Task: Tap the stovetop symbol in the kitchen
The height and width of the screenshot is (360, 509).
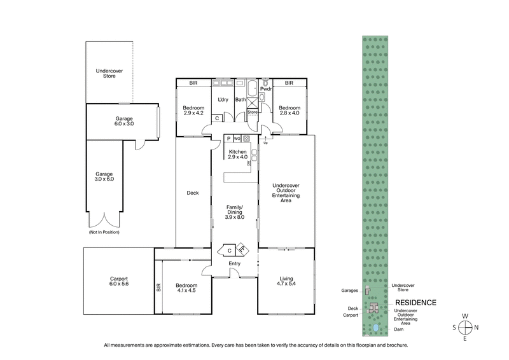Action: click(246, 138)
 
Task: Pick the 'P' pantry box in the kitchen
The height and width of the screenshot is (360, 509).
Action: click(228, 138)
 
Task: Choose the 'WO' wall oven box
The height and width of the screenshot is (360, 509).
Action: click(237, 138)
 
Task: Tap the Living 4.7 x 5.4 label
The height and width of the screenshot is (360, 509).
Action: click(286, 280)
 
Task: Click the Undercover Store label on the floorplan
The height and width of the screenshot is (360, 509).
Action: click(109, 73)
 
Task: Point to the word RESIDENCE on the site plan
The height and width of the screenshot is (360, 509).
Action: click(415, 303)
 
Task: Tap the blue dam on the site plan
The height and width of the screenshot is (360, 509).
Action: click(376, 328)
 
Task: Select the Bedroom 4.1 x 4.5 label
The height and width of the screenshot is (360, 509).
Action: click(186, 288)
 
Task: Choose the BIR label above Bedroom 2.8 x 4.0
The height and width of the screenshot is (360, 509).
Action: click(289, 83)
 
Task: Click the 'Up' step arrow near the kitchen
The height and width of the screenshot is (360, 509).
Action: click(265, 142)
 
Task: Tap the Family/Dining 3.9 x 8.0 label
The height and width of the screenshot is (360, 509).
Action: click(235, 212)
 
